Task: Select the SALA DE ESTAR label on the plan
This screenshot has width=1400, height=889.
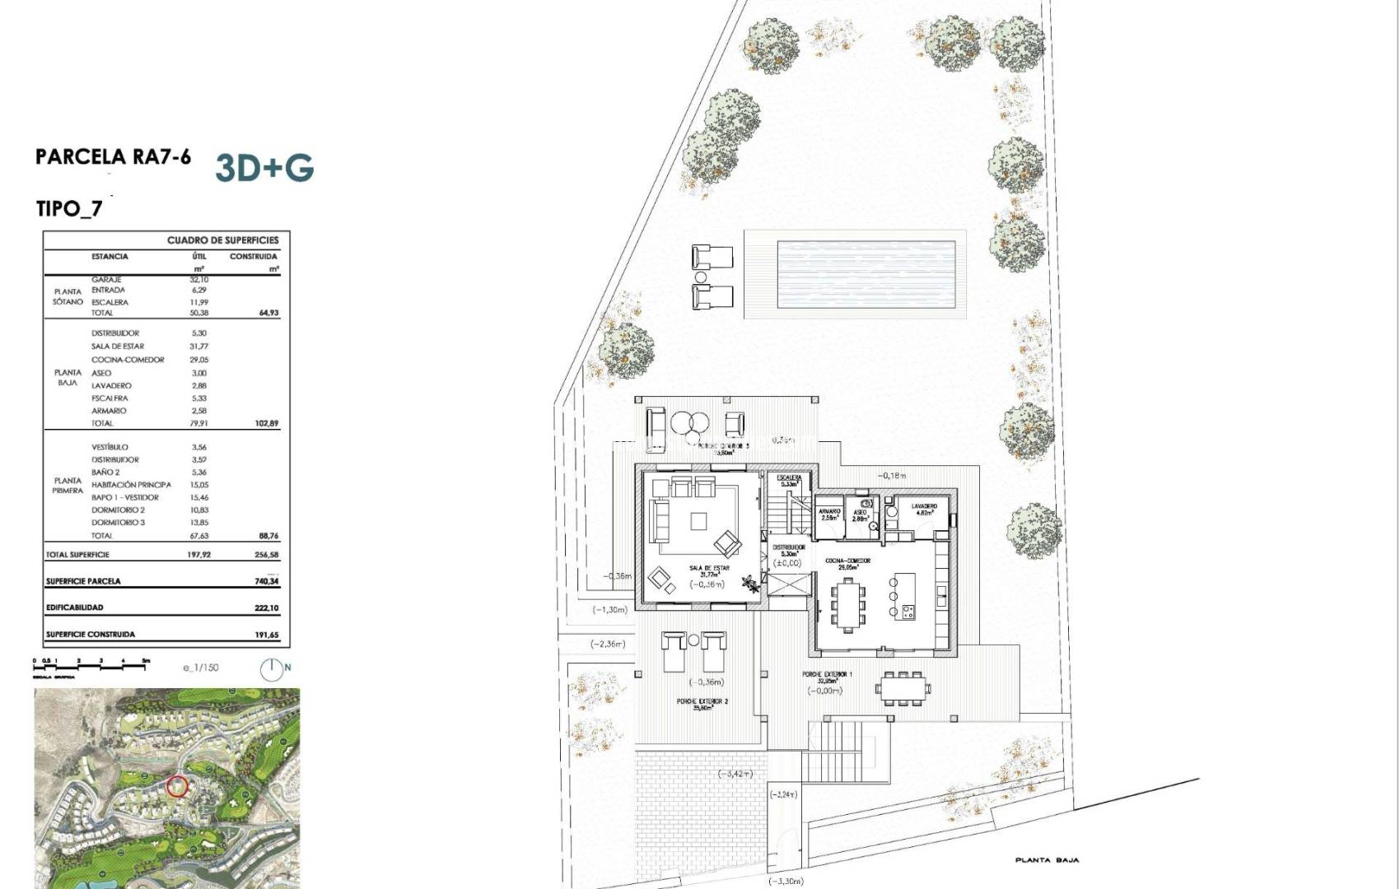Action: pos(709,569)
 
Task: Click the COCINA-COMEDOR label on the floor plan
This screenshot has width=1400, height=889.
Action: pos(848,561)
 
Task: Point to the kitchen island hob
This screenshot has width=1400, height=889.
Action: pos(909,611)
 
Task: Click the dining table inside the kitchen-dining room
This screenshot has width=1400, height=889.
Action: pos(848,603)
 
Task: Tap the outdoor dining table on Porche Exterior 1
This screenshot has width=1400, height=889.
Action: pos(903,686)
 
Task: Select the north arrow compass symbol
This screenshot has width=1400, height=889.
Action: pos(271,669)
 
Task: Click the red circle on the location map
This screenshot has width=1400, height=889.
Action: pos(177,785)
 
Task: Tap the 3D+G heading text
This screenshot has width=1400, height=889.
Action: pos(264,167)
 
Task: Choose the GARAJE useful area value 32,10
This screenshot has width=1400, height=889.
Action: pos(198,280)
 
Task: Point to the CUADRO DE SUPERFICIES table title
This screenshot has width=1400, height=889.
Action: pos(222,240)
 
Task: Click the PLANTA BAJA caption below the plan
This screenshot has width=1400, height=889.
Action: pos(1047,860)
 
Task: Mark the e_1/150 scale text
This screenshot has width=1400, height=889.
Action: pos(201,668)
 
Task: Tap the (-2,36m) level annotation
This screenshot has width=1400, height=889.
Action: pos(608,644)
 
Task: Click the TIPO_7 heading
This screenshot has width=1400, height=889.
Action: pos(70,208)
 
